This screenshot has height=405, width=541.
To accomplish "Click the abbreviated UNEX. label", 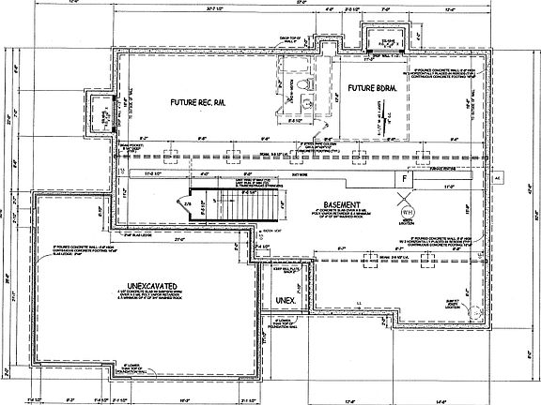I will tap(285, 299).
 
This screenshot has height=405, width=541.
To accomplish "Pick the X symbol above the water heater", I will tap(407, 196).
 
